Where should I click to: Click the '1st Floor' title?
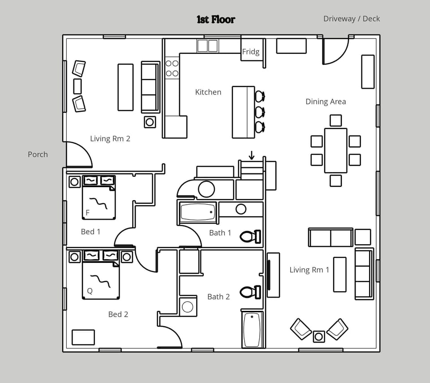(215, 19)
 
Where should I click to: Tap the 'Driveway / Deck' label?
(351, 19)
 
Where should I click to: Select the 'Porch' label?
(38, 155)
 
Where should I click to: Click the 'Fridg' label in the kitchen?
(250, 52)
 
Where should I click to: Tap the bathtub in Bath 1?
(198, 212)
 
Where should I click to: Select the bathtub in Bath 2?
(252, 330)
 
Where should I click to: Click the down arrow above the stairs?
(252, 155)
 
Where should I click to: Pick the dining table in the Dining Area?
(335, 151)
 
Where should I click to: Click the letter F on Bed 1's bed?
(88, 212)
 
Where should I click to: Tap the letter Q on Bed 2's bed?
(90, 291)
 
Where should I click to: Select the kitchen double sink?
(207, 46)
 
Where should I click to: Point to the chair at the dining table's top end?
(335, 120)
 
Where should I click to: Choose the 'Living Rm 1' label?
(309, 270)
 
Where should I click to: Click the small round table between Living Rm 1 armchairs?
(319, 336)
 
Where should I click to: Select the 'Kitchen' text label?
(208, 92)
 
